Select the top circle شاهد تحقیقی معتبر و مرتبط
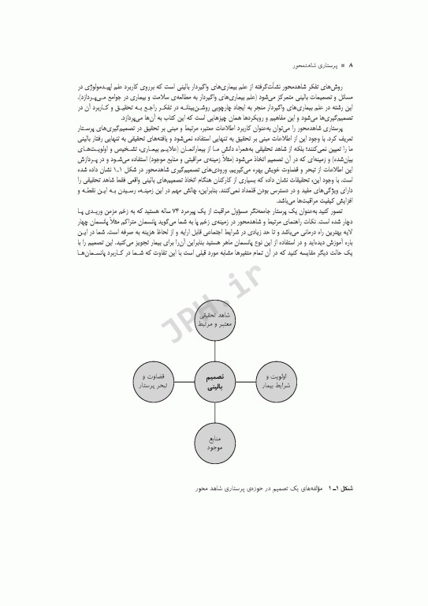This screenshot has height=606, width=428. [216, 320]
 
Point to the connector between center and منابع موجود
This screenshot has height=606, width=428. [216, 415]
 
